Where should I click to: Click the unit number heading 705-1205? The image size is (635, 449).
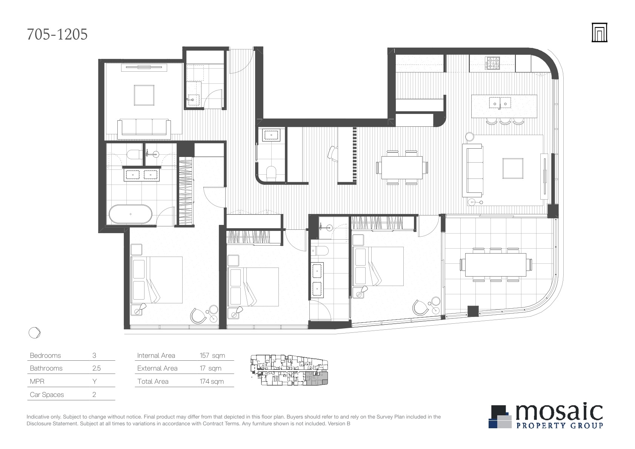tap(57, 35)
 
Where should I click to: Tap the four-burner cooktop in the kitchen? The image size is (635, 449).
tap(492, 63)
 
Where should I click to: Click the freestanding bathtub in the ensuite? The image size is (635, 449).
tap(131, 214)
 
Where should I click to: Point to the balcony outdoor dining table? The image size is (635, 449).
tap(496, 265)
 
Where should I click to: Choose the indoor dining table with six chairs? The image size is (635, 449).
tap(402, 168)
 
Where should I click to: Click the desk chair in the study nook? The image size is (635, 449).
tap(333, 154)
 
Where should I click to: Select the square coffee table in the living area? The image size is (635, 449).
tap(513, 168)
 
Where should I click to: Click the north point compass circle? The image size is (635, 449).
tap(34, 332)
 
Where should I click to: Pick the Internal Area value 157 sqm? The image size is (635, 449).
tap(212, 355)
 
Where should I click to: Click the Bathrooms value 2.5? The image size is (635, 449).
tap(96, 368)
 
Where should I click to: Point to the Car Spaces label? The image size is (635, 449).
tap(47, 395)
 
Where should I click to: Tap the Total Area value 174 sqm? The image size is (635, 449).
tap(212, 381)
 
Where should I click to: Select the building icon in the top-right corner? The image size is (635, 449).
tap(599, 32)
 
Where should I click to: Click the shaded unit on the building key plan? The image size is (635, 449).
tap(317, 379)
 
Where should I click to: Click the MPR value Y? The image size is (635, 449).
tap(95, 381)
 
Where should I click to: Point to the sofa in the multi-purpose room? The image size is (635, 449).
tap(144, 129)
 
